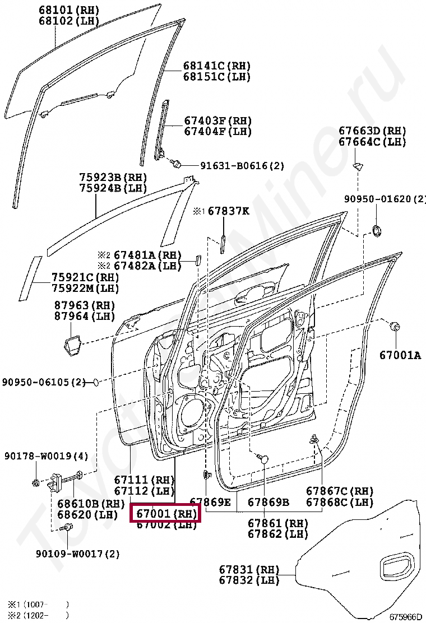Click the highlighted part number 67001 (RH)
(x=165, y=513)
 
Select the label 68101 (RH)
(x=68, y=10)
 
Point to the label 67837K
(x=229, y=211)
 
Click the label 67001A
(x=400, y=355)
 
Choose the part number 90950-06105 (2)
(x=43, y=382)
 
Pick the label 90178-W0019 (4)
(x=47, y=456)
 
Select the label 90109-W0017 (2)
(x=78, y=554)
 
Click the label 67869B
(x=268, y=502)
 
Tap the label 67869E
(x=210, y=502)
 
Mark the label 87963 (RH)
(x=84, y=305)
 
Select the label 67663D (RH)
(x=372, y=131)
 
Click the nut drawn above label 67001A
(x=395, y=327)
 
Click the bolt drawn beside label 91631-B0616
(x=177, y=164)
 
